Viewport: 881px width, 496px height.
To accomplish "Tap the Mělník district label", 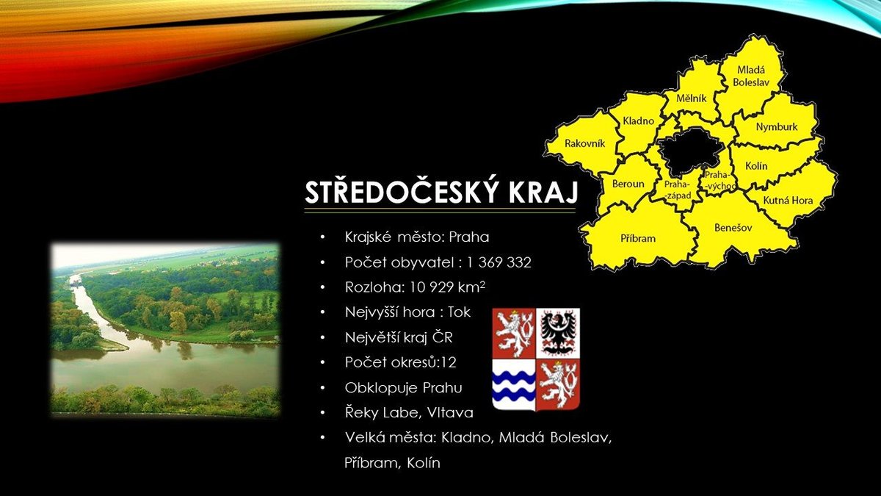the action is [x=692, y=98].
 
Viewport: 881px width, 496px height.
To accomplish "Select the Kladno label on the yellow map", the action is [x=638, y=121].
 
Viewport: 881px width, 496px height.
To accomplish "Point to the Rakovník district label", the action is [x=585, y=143].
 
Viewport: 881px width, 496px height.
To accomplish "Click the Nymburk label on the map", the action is [x=777, y=126].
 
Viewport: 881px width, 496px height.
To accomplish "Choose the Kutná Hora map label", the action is [x=788, y=201].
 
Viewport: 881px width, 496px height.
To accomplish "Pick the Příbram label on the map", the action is [x=638, y=238].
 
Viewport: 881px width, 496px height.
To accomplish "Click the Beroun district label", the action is [x=628, y=184].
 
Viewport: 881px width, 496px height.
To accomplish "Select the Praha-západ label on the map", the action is [x=678, y=190].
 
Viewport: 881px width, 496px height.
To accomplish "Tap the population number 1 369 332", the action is [x=498, y=262].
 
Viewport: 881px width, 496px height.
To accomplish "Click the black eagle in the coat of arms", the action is [x=558, y=333].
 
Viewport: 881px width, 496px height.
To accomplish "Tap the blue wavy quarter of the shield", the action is [x=514, y=384].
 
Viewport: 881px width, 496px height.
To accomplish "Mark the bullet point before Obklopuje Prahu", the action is [x=323, y=388].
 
